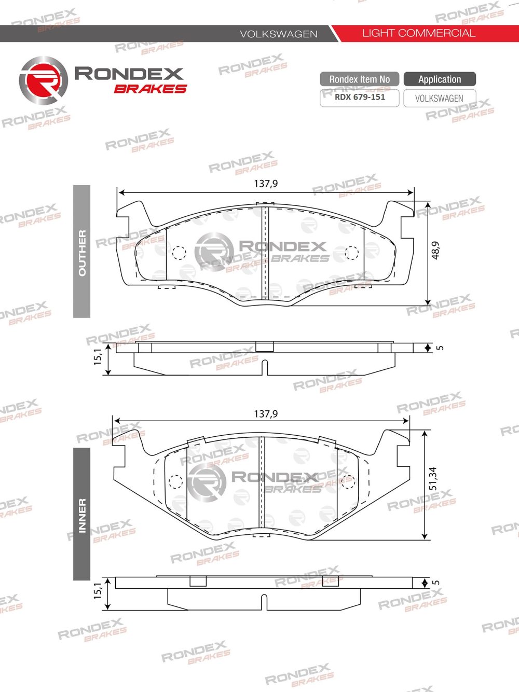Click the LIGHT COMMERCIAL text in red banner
click(x=418, y=33)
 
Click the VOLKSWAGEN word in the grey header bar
click(x=279, y=34)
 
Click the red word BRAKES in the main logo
click(x=150, y=89)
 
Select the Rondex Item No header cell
click(x=359, y=79)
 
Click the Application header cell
click(x=440, y=79)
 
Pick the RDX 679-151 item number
click(x=359, y=98)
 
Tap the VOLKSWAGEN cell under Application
click(x=439, y=98)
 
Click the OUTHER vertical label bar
click(x=81, y=252)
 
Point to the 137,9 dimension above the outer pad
click(x=266, y=184)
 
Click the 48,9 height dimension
click(x=436, y=250)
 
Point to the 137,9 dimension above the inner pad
click(x=266, y=414)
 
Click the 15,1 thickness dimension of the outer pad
click(x=98, y=357)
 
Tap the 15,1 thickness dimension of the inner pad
click(x=98, y=590)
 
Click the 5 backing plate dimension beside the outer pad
click(x=440, y=348)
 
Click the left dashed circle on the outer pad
click(x=179, y=253)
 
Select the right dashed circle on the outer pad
click(x=352, y=253)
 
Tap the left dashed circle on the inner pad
click(x=176, y=482)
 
